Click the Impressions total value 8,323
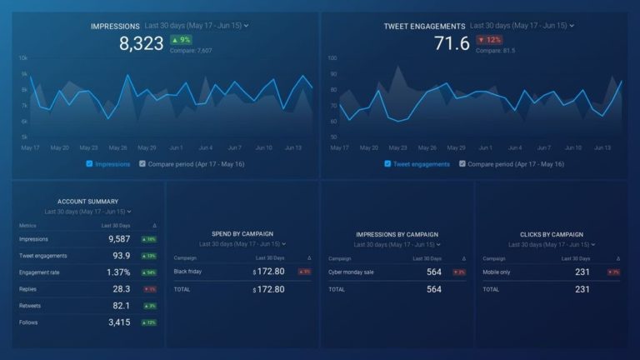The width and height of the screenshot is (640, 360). [142, 44]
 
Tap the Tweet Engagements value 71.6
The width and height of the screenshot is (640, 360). [452, 44]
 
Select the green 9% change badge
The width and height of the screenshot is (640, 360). [180, 40]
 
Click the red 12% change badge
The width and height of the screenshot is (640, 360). [488, 40]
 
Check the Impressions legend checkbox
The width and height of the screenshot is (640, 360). [89, 164]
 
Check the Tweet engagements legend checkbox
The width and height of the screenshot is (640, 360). [387, 164]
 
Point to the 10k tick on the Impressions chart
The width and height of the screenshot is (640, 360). [23, 58]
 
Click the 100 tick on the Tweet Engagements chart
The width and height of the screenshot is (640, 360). [332, 58]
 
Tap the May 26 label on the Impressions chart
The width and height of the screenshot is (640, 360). [118, 147]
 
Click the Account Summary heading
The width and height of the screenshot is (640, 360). [87, 202]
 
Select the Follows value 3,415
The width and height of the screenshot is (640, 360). [119, 322]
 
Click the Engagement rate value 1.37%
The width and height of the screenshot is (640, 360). [118, 272]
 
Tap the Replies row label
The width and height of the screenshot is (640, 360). [28, 289]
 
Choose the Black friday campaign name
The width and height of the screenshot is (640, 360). [189, 272]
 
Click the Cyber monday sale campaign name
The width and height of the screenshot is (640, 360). [351, 272]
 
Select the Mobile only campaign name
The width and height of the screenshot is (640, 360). [497, 272]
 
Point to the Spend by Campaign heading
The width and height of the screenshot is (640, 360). [242, 234]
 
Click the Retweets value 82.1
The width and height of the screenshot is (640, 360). [121, 306]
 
